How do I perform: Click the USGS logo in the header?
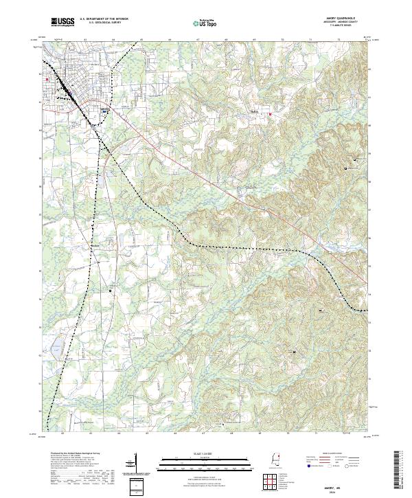63,22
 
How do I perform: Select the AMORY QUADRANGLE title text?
343,19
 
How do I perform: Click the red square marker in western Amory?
47,79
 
